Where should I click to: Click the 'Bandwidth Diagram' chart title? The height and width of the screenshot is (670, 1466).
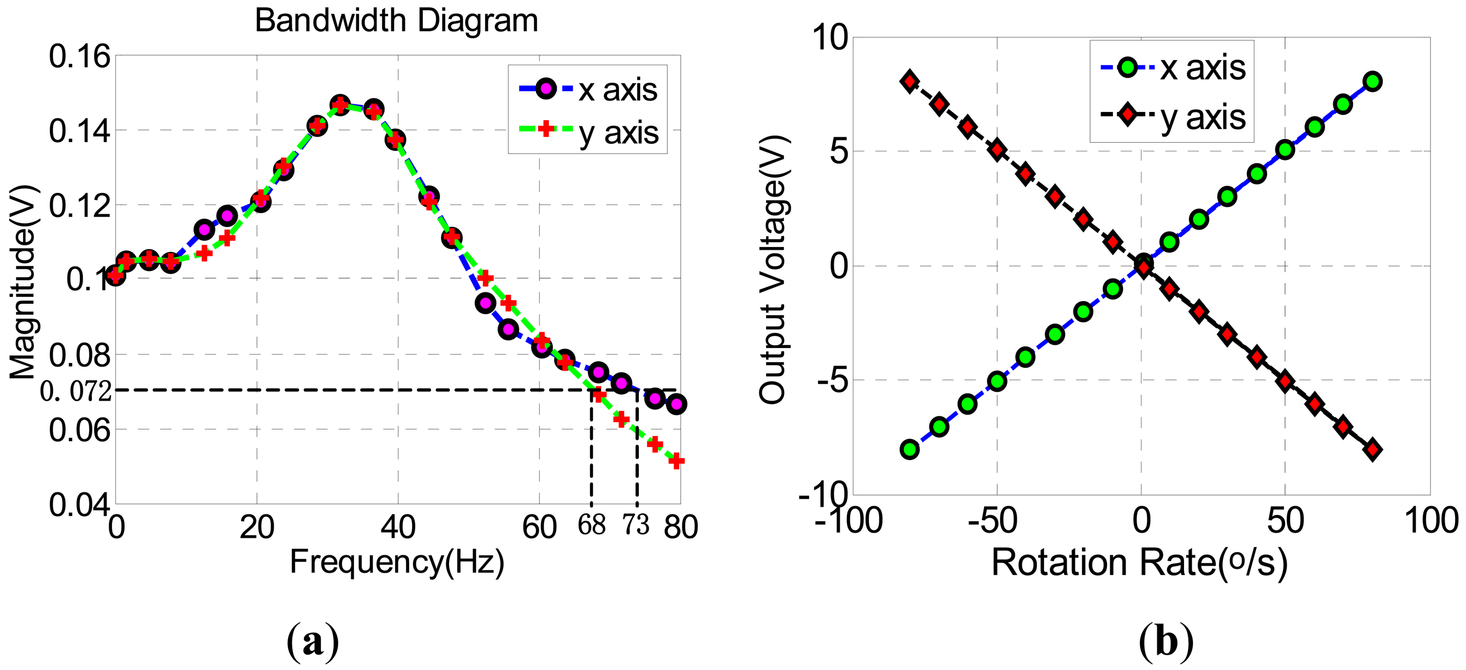tap(396, 21)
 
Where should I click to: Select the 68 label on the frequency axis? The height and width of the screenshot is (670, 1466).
tap(591, 524)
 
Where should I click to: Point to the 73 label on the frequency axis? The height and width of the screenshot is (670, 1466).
tap(635, 524)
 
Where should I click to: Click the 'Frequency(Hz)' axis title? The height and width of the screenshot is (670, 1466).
tap(397, 562)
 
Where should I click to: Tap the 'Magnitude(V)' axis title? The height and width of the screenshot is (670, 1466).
tap(23, 281)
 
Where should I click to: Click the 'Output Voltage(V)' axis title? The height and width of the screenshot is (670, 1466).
tap(773, 270)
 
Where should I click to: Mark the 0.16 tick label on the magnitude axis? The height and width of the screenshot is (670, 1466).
tap(79, 56)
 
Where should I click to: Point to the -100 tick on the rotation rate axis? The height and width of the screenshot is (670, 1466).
tap(848, 520)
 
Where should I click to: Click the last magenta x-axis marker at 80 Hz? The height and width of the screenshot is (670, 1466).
tap(676, 404)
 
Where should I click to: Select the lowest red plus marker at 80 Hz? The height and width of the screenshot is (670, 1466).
tap(676, 461)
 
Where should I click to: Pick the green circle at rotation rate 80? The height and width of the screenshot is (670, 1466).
tap(1372, 81)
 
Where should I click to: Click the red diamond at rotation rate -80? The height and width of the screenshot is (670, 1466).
tap(909, 81)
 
